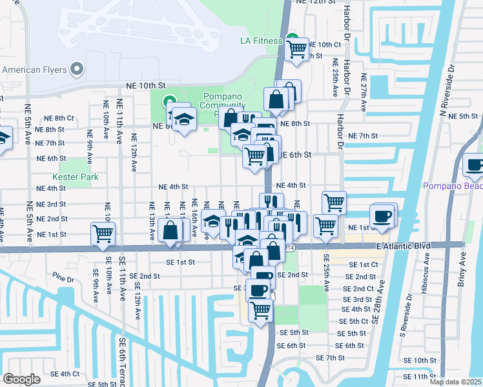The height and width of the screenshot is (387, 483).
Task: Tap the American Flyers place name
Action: [x=34, y=69]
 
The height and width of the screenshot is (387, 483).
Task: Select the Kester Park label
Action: [x=73, y=176]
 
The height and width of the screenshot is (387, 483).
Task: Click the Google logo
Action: [x=21, y=379]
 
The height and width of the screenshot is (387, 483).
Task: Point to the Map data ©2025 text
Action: [x=455, y=382]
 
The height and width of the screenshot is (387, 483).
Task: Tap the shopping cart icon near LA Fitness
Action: [x=297, y=48]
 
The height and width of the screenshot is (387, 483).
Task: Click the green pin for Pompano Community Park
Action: [x=169, y=101]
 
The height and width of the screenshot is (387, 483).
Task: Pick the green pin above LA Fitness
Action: [x=291, y=37]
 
